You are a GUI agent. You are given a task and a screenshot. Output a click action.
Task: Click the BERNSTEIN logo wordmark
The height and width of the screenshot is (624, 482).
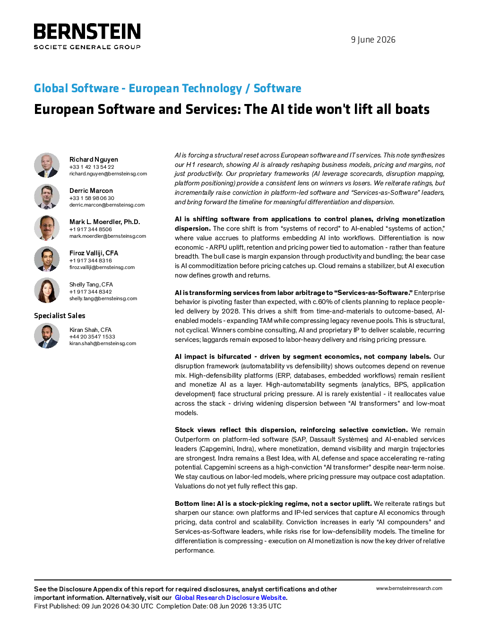pos(87,31)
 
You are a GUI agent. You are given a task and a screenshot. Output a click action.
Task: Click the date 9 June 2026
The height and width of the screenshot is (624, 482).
pos(373,40)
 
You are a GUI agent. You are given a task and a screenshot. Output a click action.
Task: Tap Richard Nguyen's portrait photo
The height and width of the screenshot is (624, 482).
pos(47,165)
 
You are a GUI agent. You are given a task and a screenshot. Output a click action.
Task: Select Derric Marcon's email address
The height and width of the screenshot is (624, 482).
pos(107,205)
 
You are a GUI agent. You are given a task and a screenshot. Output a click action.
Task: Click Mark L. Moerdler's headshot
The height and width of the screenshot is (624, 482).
pos(47,228)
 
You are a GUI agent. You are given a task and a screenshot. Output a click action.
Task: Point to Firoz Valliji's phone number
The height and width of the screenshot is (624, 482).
pos(90,260)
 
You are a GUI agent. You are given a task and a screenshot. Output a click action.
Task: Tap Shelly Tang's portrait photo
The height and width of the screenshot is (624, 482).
pos(47,290)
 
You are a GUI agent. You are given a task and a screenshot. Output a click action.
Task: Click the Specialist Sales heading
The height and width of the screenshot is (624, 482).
pos(60,316)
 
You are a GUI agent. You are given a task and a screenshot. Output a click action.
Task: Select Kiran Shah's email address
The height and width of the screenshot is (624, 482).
pos(103,344)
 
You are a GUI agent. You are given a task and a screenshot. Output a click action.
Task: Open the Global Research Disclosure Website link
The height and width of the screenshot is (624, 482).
pos(231,598)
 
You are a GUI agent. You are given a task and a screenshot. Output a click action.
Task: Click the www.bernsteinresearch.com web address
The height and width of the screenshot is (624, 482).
pos(409,588)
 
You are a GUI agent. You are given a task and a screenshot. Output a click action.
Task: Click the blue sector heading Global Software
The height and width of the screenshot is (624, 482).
pos(77,88)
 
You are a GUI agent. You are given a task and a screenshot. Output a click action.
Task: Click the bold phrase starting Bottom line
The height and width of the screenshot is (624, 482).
pos(273,503)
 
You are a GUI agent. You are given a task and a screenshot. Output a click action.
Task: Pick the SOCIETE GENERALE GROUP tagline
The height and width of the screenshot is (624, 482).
pos(87,47)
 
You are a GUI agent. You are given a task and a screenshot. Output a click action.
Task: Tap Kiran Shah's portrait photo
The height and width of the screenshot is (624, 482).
pos(47,336)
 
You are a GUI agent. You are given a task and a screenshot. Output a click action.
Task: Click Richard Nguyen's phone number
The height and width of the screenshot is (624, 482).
pos(92,167)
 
